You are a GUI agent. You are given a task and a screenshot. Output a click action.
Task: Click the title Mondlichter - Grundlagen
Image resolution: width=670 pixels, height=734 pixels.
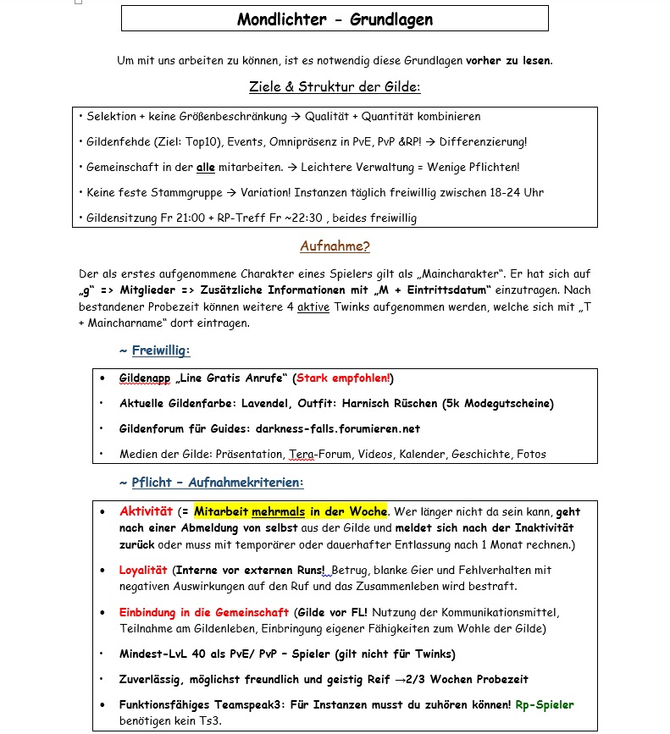(x=335, y=19)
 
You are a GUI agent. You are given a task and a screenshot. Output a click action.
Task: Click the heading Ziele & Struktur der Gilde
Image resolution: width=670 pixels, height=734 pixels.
(x=335, y=86)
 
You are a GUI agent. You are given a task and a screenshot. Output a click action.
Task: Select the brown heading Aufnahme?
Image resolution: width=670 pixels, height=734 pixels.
(x=335, y=246)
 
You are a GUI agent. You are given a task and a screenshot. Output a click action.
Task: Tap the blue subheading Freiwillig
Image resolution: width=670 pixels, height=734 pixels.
(x=161, y=350)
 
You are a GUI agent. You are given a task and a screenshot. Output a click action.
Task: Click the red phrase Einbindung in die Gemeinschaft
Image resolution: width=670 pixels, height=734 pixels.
(x=203, y=612)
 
